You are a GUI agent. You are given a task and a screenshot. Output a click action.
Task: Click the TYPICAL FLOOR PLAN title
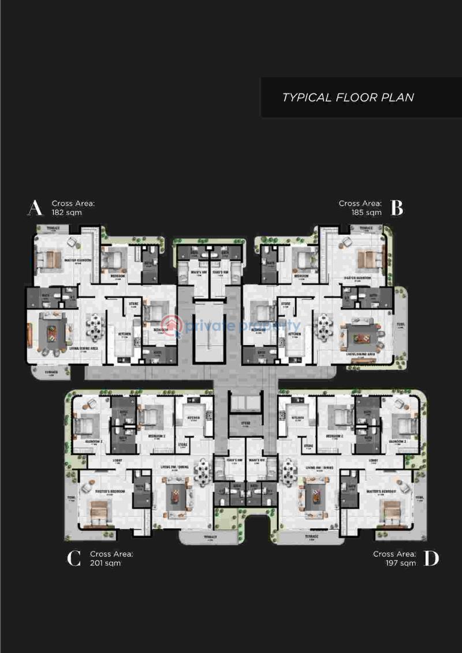[x=348, y=97]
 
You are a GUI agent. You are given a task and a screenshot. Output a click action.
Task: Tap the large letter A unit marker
[x=35, y=208]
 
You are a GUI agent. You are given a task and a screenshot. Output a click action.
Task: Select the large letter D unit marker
[x=431, y=558]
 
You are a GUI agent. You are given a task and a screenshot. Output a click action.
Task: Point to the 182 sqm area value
[x=66, y=212]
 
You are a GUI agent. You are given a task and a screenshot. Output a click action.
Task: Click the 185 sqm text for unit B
[x=366, y=212]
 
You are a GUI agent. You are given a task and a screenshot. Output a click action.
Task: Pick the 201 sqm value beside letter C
[x=105, y=563]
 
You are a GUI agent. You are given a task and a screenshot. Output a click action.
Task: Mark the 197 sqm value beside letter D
[x=401, y=563]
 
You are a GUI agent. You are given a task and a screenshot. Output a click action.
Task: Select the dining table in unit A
[x=94, y=327]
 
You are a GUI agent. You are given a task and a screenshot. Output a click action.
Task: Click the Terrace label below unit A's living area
[x=52, y=372]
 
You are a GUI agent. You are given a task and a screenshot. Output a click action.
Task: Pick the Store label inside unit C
[x=182, y=445]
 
